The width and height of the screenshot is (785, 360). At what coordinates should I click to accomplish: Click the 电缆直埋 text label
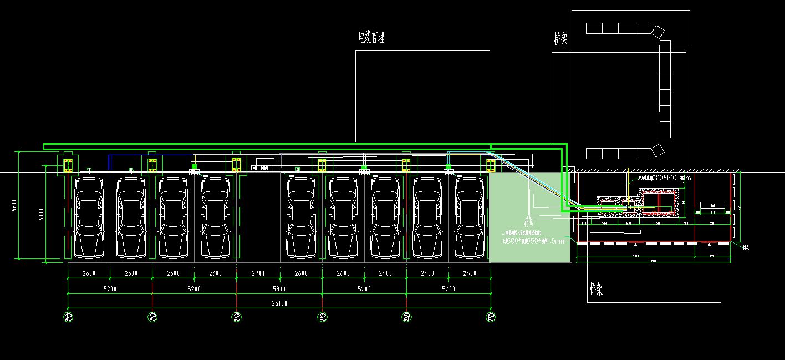tap(371, 37)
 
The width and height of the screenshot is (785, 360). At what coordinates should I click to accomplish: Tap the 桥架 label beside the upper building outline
tap(560, 38)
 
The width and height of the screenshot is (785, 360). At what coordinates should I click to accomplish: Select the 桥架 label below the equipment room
tap(596, 289)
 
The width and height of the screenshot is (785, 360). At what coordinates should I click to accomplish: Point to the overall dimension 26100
tap(279, 303)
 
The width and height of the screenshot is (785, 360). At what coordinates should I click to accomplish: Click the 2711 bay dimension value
tap(258, 273)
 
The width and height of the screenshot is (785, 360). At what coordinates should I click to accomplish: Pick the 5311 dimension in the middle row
tap(279, 289)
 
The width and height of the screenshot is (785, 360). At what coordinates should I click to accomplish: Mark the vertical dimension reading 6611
tap(16, 206)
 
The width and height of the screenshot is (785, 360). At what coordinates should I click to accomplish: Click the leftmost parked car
tap(89, 217)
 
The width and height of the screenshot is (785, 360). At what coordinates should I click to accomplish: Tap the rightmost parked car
tap(470, 217)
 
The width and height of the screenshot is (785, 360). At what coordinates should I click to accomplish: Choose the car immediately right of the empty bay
tap(301, 217)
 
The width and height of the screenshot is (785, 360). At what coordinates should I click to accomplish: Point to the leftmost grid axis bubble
tap(68, 317)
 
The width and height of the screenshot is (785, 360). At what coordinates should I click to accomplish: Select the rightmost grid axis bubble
tap(491, 317)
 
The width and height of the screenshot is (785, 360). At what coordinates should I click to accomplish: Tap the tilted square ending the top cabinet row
tap(657, 31)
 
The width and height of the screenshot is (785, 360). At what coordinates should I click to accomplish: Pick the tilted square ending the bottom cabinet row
tap(657, 150)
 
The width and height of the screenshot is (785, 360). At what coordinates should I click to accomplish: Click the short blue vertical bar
tap(110, 162)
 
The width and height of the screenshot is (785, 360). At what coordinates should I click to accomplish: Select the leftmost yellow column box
tap(68, 165)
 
